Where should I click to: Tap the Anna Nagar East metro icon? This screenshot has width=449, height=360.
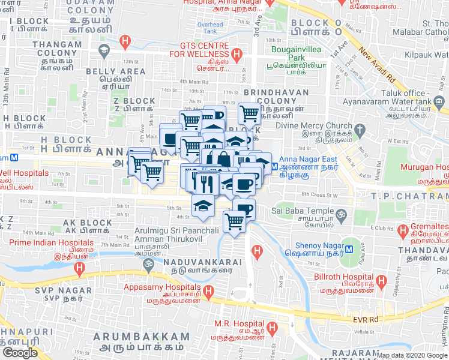[x=275, y=165]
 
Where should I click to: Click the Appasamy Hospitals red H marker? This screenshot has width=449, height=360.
[x=208, y=293]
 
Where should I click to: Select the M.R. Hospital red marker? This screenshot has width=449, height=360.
[x=273, y=328]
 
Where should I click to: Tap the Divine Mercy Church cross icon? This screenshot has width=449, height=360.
[x=360, y=130]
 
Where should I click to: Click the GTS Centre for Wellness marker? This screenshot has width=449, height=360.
[x=237, y=56]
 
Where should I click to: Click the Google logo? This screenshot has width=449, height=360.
[x=19, y=353]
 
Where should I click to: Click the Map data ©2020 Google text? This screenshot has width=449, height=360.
[x=412, y=355]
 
